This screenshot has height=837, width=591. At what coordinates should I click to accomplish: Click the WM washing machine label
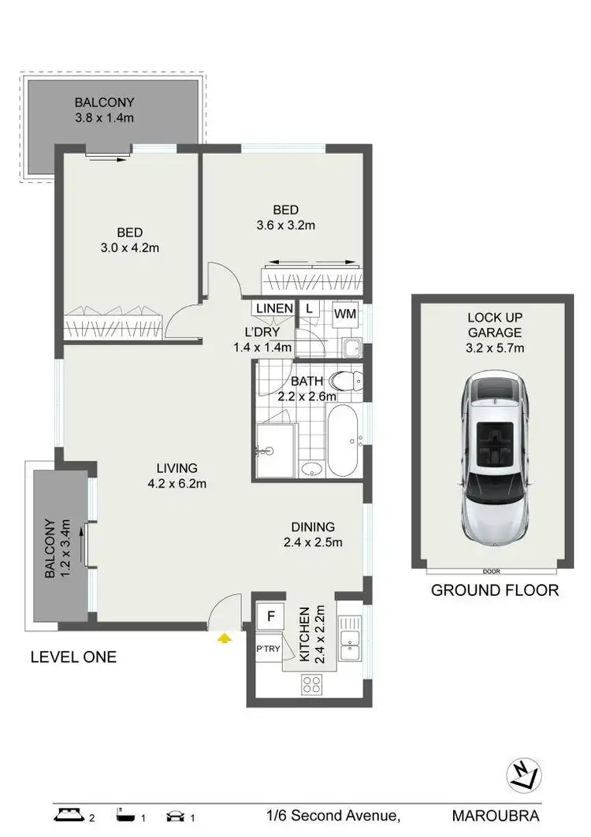345,314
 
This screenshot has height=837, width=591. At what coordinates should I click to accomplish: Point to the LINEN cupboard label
273,308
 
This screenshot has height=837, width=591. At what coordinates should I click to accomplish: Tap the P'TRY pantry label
269,649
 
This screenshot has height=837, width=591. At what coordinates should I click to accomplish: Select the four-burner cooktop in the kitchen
310,686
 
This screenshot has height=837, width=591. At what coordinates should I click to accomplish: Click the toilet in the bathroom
347,381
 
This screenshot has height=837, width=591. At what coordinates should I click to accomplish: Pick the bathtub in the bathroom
343,441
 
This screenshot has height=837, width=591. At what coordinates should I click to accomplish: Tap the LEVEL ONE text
73,657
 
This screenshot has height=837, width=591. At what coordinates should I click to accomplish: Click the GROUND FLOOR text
494,590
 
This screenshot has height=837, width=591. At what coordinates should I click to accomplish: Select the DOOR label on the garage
492,571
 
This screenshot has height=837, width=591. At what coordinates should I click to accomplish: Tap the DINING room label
313,526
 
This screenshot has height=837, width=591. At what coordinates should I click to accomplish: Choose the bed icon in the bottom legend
69,815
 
